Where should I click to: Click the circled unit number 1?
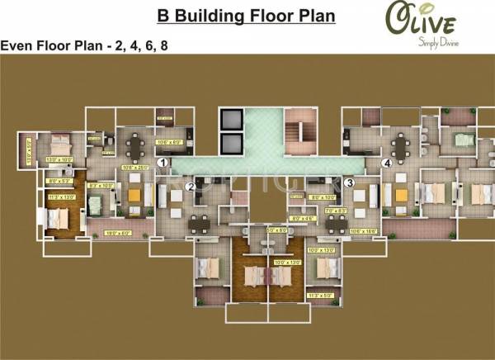click(x=163, y=163)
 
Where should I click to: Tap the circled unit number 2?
click(x=191, y=187)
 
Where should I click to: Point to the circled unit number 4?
click(x=385, y=163)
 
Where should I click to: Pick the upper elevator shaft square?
click(x=231, y=118)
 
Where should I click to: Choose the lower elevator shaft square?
click(x=231, y=144)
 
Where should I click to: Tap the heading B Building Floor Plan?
click(x=247, y=16)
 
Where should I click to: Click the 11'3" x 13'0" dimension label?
click(x=62, y=197)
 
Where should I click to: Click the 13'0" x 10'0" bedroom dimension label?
click(x=60, y=159)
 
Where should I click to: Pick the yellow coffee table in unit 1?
click(x=134, y=196)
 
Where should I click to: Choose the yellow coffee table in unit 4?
click(x=401, y=195)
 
